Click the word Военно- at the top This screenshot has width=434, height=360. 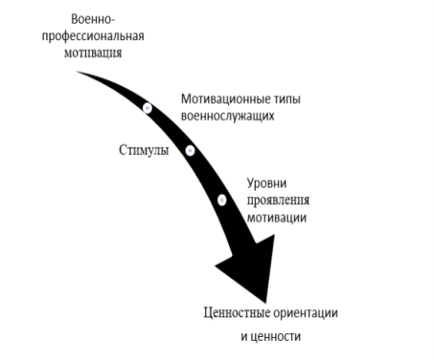94,20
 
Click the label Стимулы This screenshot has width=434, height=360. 144,150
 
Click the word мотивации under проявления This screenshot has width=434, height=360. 276,217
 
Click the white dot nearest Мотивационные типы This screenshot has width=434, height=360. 148,107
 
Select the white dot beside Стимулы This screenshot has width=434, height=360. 190,150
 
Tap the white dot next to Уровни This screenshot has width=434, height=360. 221,200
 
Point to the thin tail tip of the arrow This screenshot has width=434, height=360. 80,71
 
